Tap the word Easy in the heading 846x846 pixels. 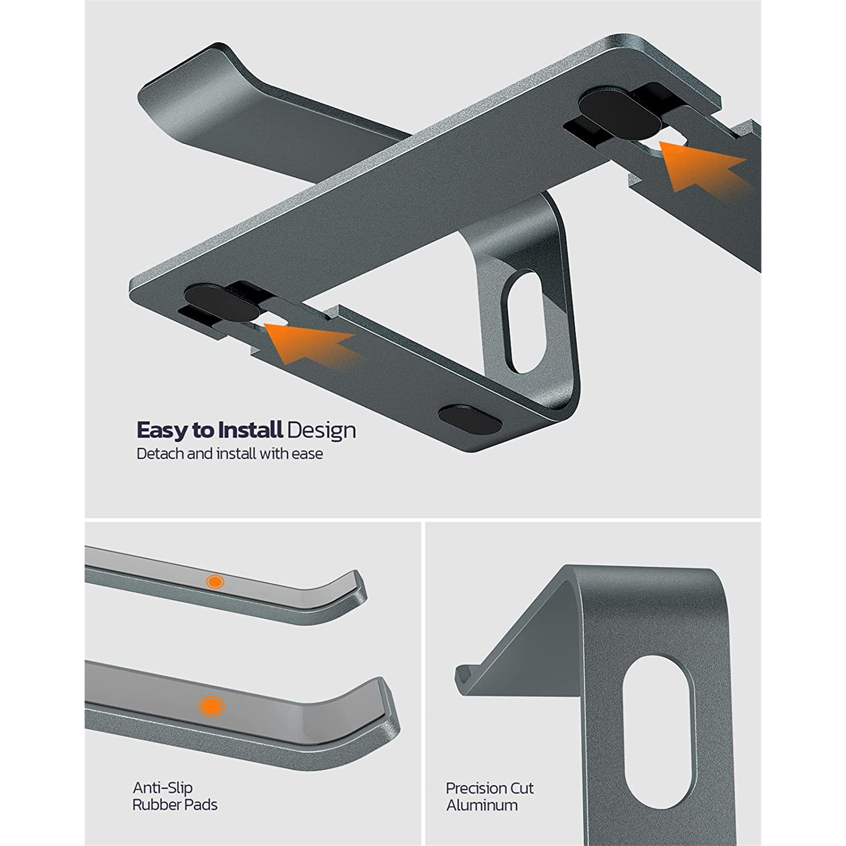tap(163, 431)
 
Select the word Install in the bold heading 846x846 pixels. tap(251, 430)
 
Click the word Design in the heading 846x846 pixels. tap(321, 431)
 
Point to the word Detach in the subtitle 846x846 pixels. tap(160, 454)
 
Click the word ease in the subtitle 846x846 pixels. tap(307, 454)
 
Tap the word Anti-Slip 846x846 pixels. tap(162, 788)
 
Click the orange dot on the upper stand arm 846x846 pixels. tap(214, 582)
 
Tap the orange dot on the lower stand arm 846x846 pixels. tap(211, 706)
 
